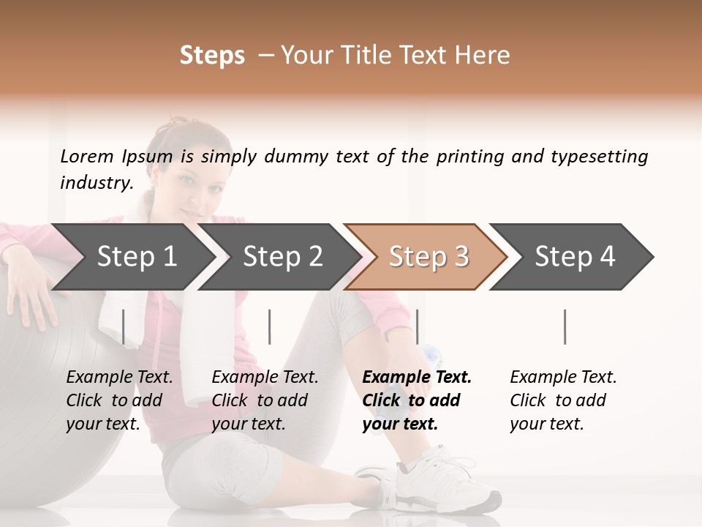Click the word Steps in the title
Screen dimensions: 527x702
click(x=212, y=55)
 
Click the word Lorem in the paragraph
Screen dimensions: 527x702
click(x=86, y=156)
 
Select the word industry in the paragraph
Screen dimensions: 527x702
click(x=96, y=182)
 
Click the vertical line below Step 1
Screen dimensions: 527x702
click(x=123, y=326)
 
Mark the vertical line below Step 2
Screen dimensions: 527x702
click(x=270, y=326)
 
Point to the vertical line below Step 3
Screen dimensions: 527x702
click(x=417, y=326)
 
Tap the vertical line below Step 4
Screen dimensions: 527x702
click(x=565, y=326)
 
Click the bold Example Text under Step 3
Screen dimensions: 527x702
click(x=417, y=377)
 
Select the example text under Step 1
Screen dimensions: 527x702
click(x=119, y=400)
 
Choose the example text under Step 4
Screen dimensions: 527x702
click(x=563, y=400)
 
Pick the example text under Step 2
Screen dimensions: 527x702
click(x=265, y=400)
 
